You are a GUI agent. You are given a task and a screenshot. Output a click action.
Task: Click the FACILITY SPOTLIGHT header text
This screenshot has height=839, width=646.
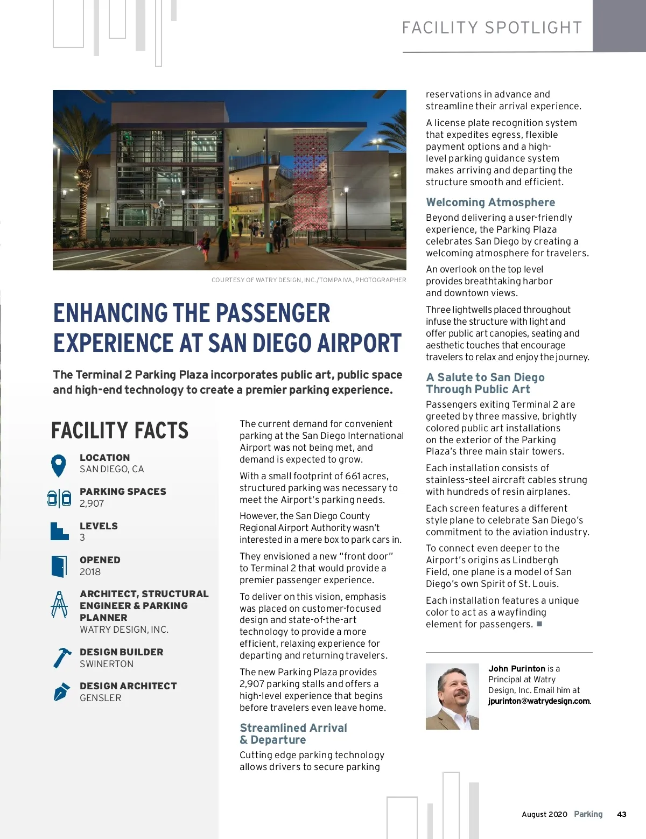point(492,28)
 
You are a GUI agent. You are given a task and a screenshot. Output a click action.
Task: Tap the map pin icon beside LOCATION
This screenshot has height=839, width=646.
point(58,465)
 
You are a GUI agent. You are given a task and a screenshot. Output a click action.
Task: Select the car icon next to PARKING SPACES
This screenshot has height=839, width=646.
point(59,498)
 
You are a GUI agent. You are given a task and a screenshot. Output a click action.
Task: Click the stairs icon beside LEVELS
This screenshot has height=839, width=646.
point(59,531)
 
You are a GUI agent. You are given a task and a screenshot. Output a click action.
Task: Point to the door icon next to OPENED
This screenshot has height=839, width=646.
point(59,566)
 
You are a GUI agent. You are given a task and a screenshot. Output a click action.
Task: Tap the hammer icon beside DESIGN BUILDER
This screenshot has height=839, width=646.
point(61,658)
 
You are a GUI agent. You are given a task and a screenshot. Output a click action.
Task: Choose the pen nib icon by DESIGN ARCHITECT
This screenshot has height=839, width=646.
point(61,691)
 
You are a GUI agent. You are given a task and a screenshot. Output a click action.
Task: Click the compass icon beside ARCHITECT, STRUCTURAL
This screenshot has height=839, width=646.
point(59,604)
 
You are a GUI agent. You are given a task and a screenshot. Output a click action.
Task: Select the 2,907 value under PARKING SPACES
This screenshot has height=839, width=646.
point(92,504)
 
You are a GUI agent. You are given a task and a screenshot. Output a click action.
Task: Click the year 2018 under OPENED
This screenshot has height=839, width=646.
point(90,572)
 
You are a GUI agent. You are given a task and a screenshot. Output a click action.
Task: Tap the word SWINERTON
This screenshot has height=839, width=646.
point(107,664)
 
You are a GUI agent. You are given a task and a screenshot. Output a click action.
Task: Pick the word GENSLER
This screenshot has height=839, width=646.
point(101,698)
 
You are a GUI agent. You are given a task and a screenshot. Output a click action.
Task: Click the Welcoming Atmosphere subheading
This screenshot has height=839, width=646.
point(490,202)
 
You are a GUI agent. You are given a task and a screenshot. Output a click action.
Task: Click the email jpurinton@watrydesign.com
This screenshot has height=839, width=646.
point(539,701)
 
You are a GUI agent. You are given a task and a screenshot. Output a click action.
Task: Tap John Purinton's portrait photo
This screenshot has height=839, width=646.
point(452,696)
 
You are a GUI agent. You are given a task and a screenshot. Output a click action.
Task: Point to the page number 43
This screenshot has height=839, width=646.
point(622,814)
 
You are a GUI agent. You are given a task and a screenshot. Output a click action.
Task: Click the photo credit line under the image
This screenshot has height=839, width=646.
point(308,280)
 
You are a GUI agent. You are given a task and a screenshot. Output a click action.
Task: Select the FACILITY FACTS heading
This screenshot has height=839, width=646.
point(120,430)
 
